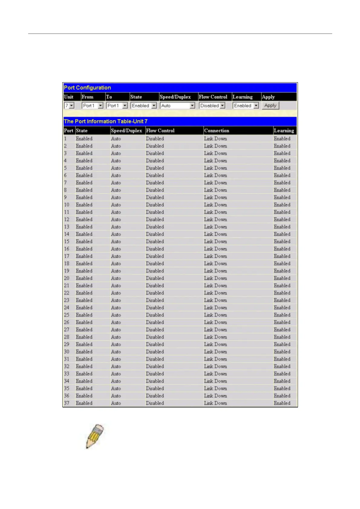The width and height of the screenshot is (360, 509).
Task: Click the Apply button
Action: pos(270,105)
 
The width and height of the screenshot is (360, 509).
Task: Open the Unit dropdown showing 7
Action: pos(69,105)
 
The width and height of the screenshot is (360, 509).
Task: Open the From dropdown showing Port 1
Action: pos(93,105)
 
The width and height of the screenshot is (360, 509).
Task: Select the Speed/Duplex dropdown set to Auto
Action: pos(178,105)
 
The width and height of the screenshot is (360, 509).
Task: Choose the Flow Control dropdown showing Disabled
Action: pos(212,105)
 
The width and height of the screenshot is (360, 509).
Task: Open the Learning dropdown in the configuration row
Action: pos(246,105)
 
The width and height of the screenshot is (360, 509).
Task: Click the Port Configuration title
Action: pos(87,88)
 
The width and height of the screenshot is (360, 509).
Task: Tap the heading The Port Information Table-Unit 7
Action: pos(106,121)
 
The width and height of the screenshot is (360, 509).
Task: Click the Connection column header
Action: pos(217,131)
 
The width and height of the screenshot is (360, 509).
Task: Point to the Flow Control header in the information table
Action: pos(160,131)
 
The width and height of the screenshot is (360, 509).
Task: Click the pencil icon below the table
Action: pos(95,436)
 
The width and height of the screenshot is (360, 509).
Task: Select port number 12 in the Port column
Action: pos(67,219)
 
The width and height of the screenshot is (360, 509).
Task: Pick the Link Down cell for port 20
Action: pos(215,278)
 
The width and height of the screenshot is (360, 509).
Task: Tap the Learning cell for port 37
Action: pos(282,403)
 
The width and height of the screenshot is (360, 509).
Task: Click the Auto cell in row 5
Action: pos(116,168)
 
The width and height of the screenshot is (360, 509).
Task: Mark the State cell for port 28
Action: pos(84,337)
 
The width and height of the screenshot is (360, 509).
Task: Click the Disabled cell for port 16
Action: pos(155,249)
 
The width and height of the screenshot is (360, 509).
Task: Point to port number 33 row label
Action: pos(67,374)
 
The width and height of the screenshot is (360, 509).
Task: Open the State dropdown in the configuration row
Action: pos(143,105)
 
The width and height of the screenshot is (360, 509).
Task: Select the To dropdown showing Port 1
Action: pos(117,105)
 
